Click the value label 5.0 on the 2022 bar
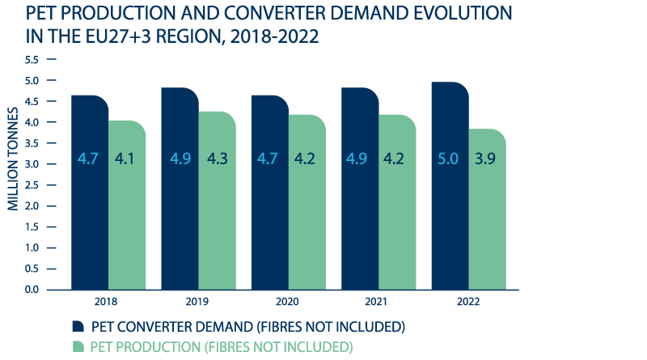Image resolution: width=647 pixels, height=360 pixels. [449, 158]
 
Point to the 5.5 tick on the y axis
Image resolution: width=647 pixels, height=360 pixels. [32, 60]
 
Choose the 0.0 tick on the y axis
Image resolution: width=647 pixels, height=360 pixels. [32, 289]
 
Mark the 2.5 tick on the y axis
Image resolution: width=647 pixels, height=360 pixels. [32, 184]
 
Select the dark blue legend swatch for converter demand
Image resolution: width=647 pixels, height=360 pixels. [78, 326]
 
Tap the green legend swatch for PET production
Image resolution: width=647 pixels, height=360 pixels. [78, 346]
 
